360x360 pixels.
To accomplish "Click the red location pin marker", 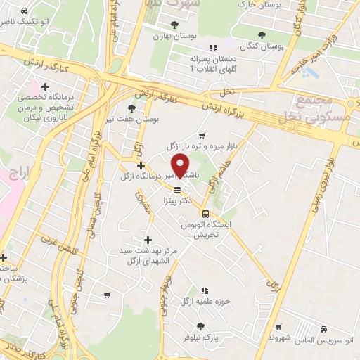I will click(181, 166).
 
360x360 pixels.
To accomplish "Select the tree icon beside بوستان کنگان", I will click(262, 34).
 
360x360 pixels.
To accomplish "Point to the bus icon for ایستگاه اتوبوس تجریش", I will click(205, 214).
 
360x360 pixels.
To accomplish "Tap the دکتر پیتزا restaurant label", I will click(176, 200).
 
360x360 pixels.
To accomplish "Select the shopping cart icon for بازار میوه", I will click(202, 135).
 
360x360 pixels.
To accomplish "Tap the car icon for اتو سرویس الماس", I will click(323, 328).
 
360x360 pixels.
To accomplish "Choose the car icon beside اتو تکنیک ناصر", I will click(25, 12).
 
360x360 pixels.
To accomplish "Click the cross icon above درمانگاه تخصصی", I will click(46, 86).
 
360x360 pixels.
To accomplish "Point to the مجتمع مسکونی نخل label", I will click(323, 109).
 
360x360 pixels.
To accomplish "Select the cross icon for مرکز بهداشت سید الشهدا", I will click(147, 240).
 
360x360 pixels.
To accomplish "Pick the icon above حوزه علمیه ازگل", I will click(204, 290).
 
